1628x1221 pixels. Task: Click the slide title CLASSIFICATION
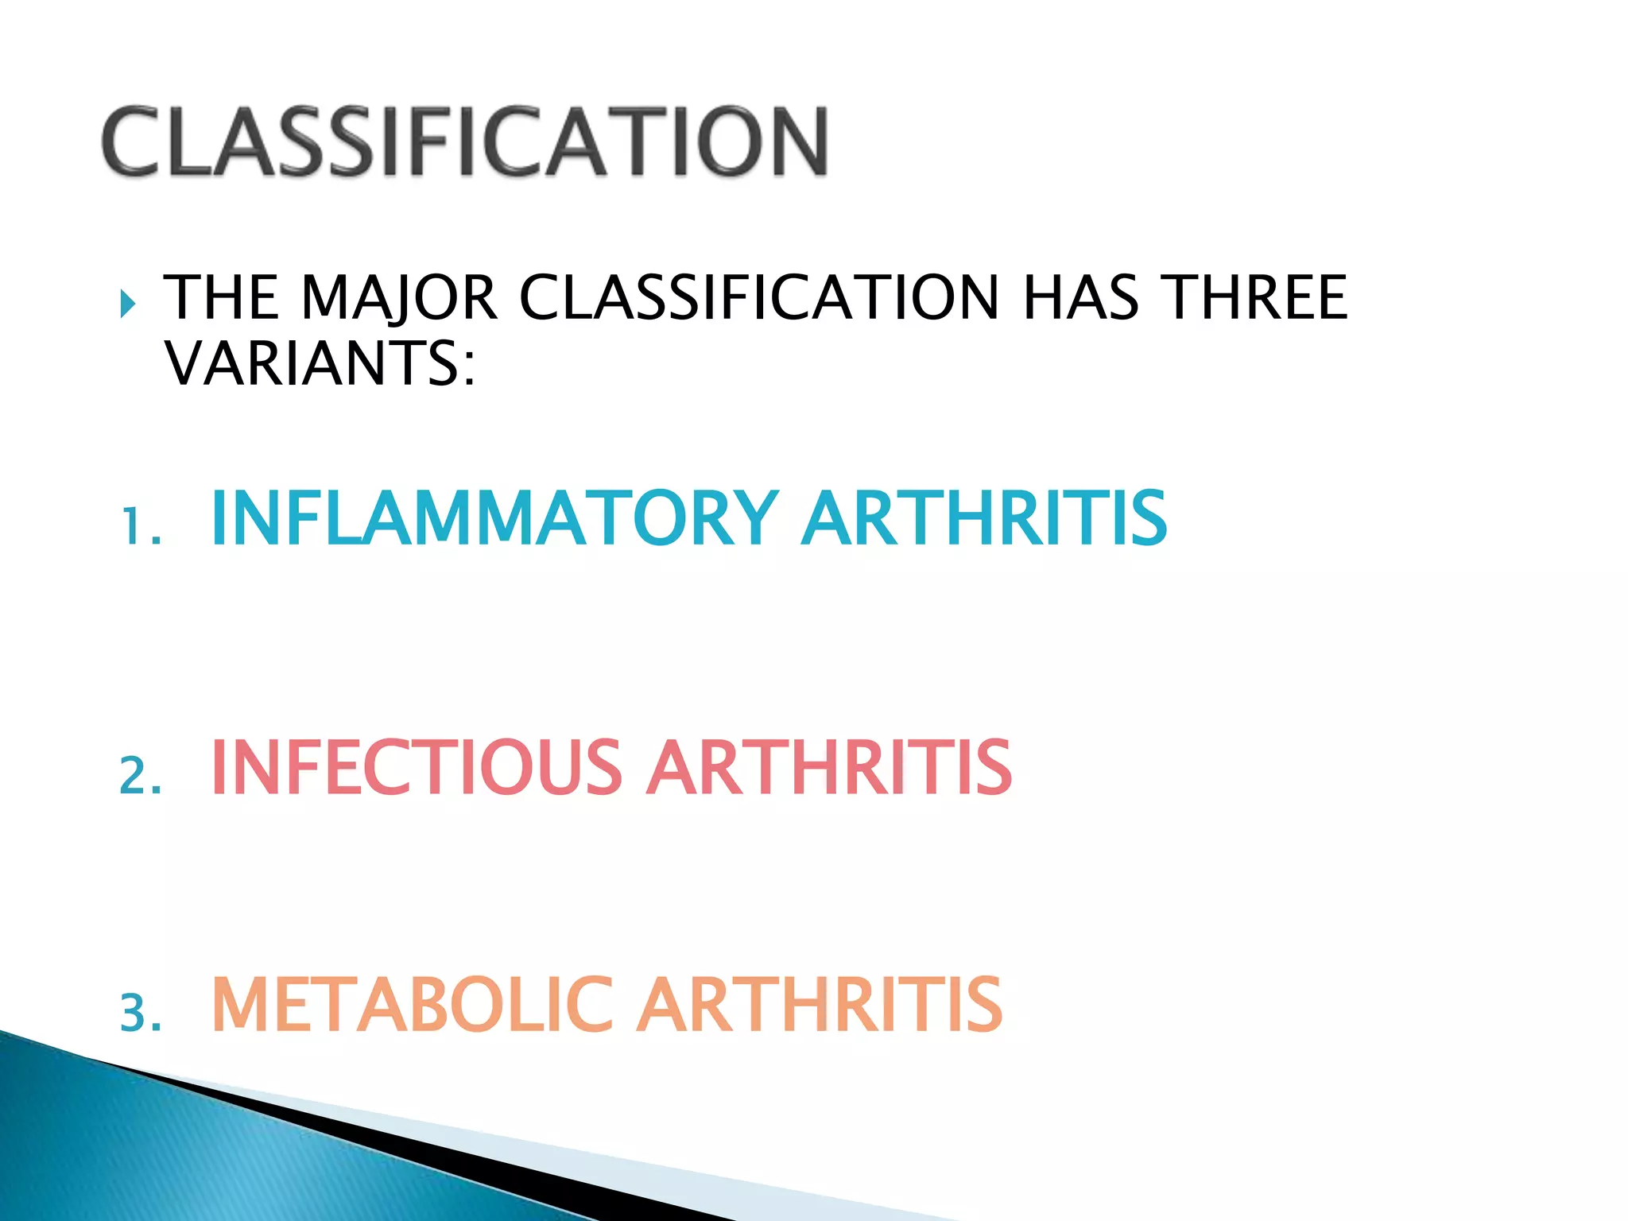click(x=465, y=141)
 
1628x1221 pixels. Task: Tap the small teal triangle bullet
click(x=127, y=303)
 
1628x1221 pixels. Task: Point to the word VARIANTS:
click(x=320, y=363)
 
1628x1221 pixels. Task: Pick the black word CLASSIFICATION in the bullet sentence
click(x=758, y=298)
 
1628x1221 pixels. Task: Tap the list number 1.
click(x=140, y=527)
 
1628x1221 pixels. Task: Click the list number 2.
click(x=140, y=776)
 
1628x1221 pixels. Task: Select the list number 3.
click(x=140, y=1014)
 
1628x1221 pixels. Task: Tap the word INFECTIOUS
click(x=417, y=767)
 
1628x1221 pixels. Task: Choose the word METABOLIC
click(x=413, y=1006)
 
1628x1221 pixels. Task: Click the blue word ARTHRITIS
click(x=985, y=518)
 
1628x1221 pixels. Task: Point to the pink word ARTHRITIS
click(x=829, y=767)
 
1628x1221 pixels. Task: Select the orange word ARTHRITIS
click(x=820, y=1006)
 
